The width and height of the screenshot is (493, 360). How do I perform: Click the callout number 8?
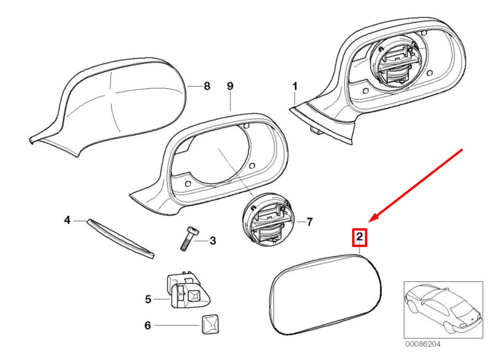click(207, 86)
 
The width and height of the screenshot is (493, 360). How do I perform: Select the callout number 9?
click(230, 86)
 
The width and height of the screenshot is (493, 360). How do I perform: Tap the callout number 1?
click(295, 86)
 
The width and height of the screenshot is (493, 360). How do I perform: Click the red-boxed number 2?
click(359, 236)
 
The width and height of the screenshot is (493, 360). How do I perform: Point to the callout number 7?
click(309, 222)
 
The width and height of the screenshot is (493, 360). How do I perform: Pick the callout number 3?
click(213, 240)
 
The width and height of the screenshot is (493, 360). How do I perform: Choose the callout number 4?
click(67, 220)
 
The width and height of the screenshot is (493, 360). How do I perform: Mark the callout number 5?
click(148, 300)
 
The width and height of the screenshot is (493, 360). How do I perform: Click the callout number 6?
click(148, 326)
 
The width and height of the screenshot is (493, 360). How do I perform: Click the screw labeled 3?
click(187, 239)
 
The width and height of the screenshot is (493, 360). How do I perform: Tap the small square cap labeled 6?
click(208, 324)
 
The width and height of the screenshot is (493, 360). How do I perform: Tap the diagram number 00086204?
click(423, 344)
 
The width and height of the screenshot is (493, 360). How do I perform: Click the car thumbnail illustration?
click(443, 310)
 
